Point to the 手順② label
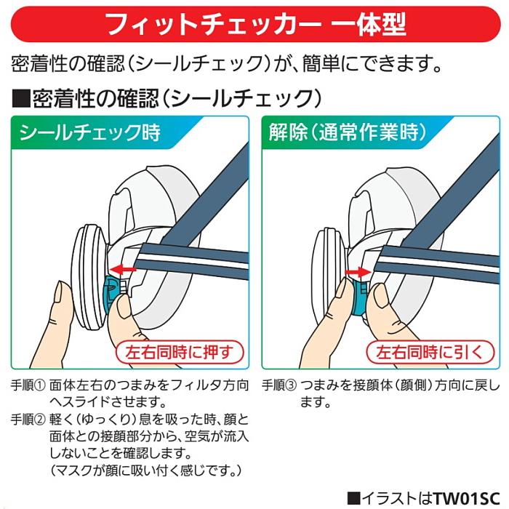[28, 420]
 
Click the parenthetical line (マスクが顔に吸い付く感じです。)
[145, 472]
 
